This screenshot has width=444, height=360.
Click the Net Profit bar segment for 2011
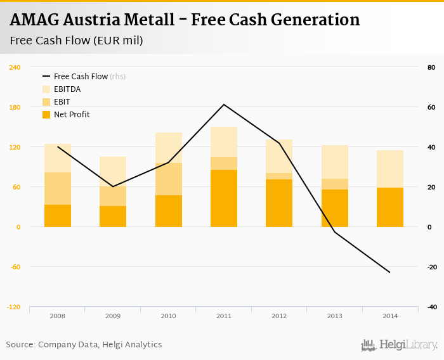224,198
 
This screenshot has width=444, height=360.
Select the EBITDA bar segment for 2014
390,169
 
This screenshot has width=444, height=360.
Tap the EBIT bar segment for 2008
58,188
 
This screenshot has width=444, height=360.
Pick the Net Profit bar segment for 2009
113,216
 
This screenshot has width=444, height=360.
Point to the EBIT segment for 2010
169,179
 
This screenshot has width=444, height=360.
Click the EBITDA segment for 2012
279,156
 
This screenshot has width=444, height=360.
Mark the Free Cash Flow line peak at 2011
224,104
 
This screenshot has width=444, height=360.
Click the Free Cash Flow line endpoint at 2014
390,273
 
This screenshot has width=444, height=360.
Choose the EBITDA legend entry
67,89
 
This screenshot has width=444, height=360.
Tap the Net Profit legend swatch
46,115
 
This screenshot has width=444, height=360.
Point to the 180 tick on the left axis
14,107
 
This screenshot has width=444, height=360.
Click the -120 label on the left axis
14,307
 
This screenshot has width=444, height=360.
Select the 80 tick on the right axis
431,67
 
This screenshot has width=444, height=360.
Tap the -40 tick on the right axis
431,307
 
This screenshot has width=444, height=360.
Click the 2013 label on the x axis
335,316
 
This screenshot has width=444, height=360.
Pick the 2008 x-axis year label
58,316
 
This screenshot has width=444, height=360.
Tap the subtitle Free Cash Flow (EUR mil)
77,41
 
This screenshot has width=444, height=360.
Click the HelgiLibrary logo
400,345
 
